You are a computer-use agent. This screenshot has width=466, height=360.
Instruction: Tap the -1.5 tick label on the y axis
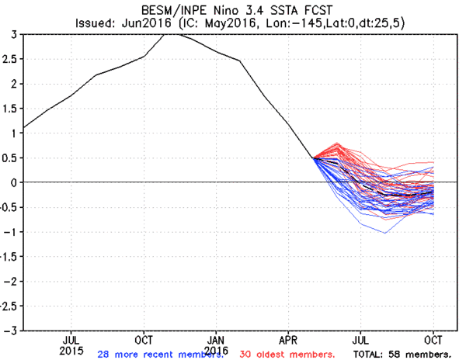[9, 256]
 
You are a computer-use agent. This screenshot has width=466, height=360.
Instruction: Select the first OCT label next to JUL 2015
[144, 340]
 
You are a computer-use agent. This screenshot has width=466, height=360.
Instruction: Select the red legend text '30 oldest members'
[287, 355]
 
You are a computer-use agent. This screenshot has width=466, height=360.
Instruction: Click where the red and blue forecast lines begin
[314, 158]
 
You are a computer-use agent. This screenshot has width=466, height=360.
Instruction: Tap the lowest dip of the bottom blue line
[385, 233]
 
